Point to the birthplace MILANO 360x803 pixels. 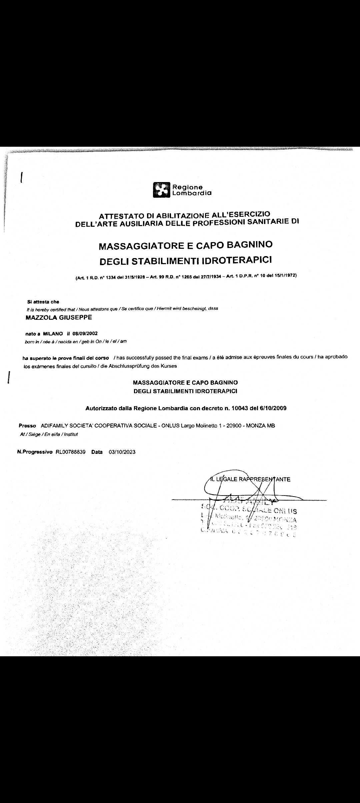tap(53, 333)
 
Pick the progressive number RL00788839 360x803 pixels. tap(71, 452)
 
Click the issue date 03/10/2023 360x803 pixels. tap(122, 452)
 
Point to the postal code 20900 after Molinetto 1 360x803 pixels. tap(234, 426)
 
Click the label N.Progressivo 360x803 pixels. tap(35, 452)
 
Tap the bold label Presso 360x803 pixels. tap(27, 426)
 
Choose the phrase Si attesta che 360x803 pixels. tap(43, 302)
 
